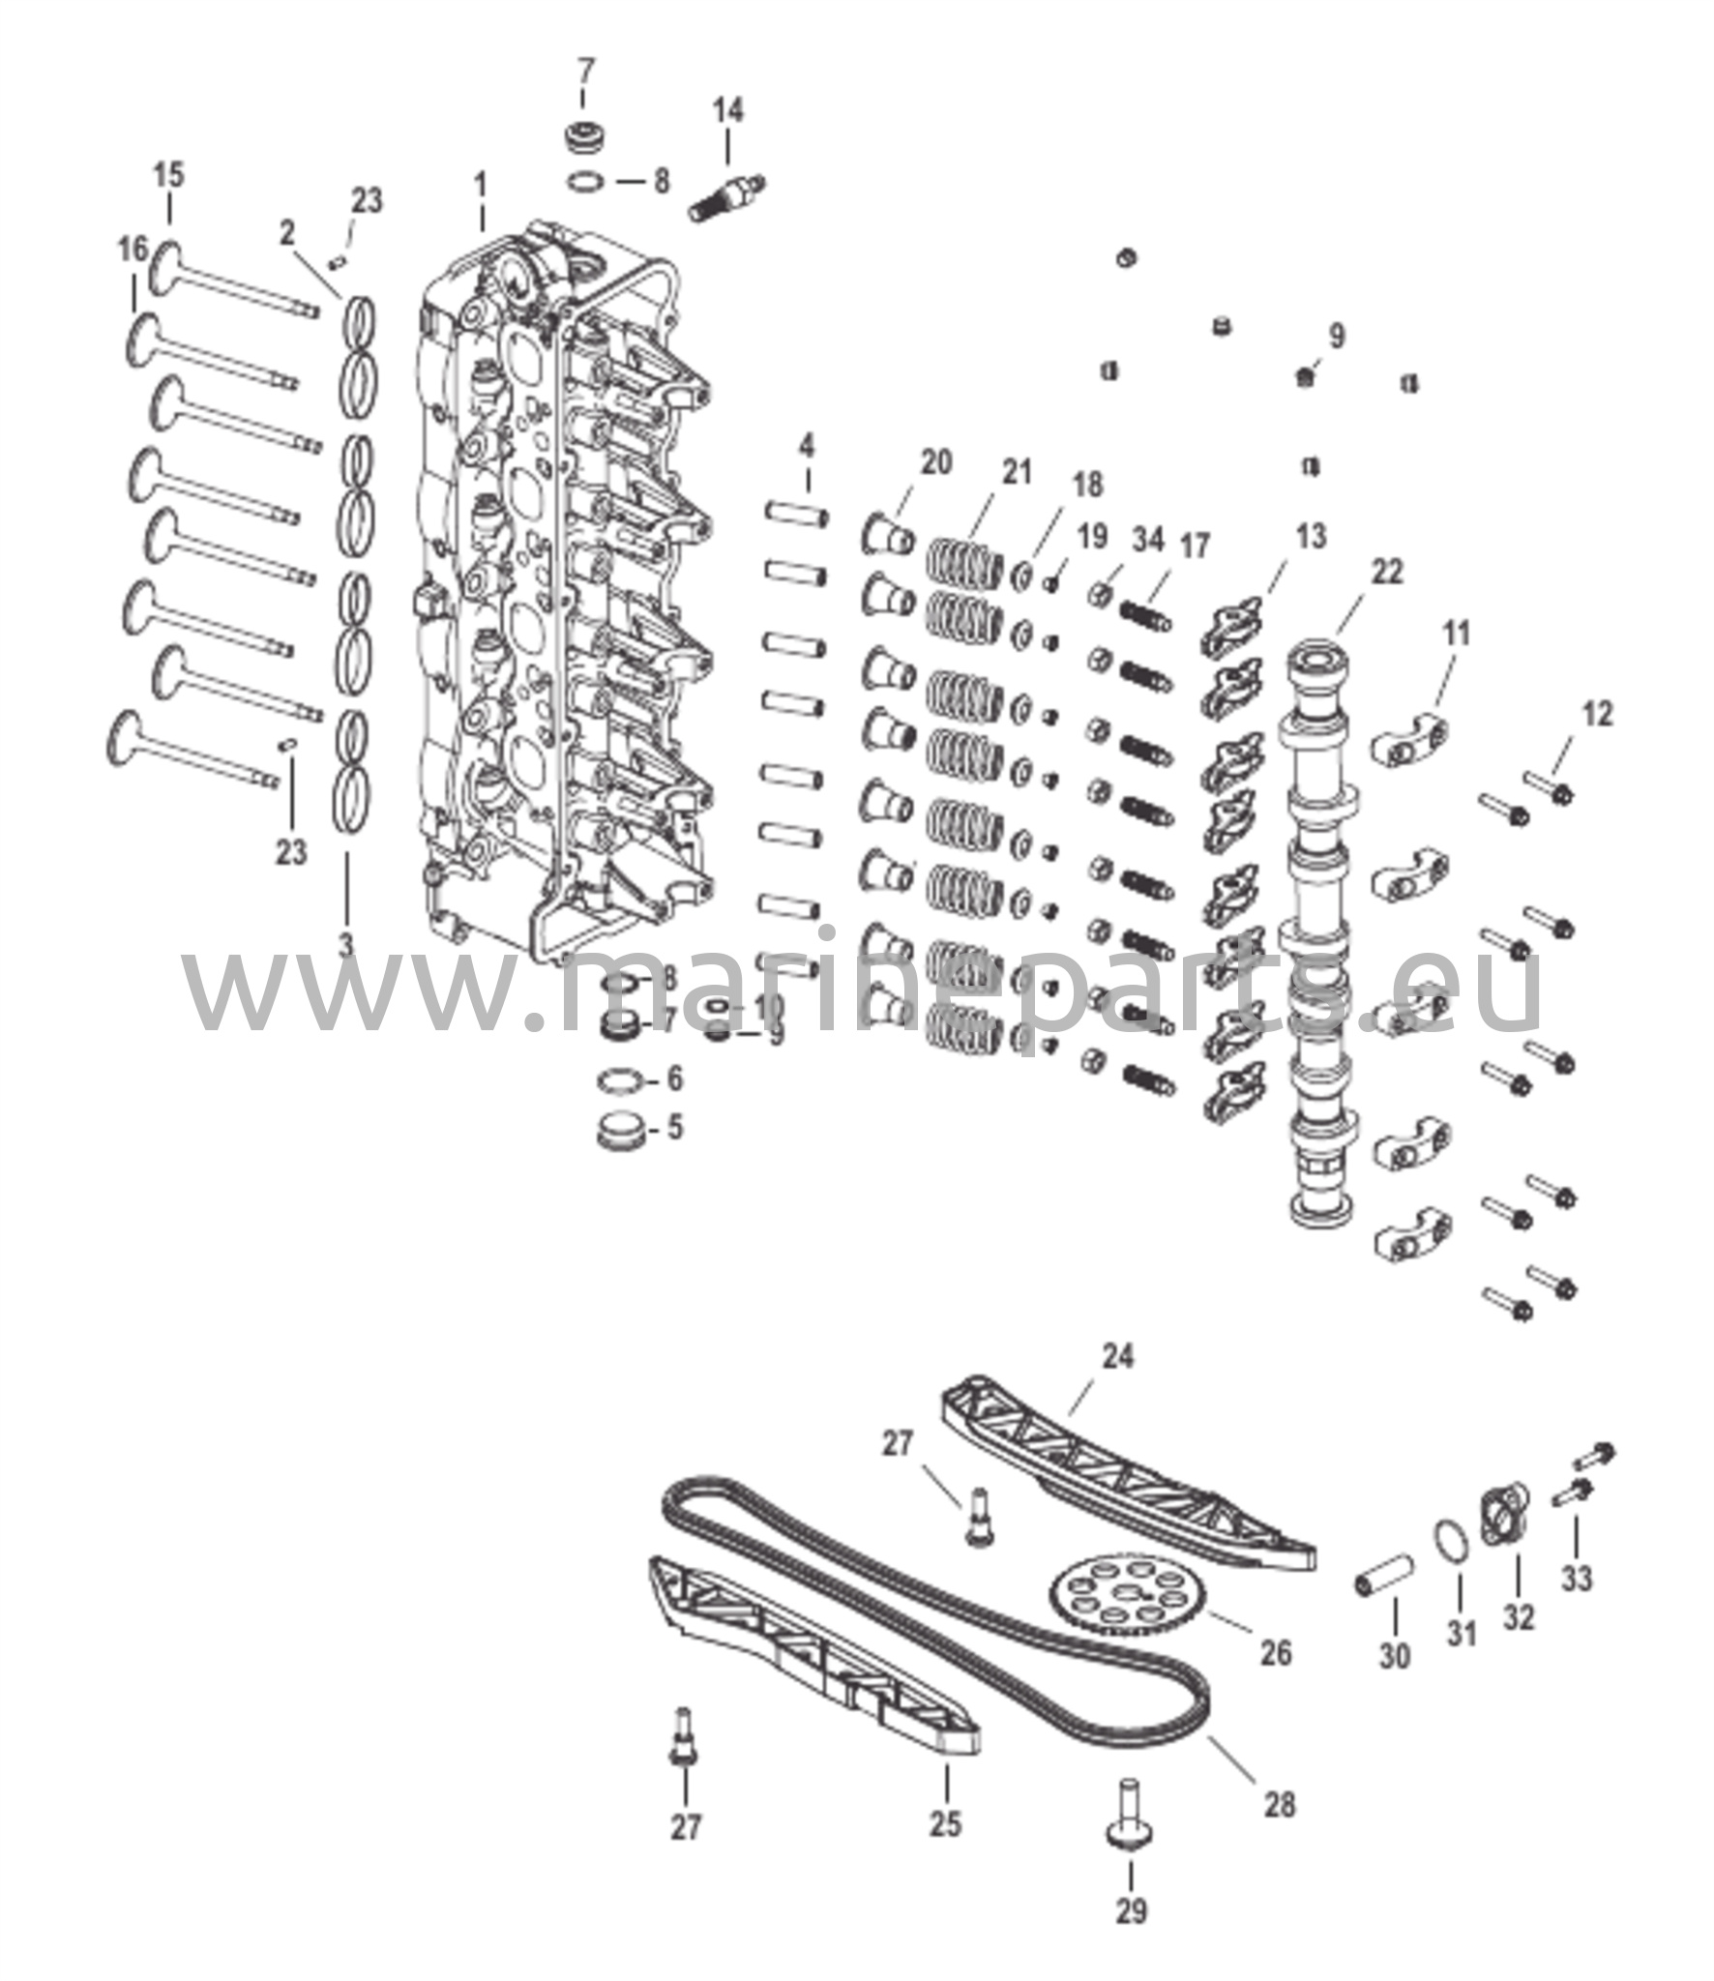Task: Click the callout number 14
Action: (x=728, y=110)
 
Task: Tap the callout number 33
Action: (x=1576, y=1579)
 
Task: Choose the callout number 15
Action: (x=168, y=175)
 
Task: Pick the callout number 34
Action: (x=1148, y=540)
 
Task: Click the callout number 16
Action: (x=133, y=250)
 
